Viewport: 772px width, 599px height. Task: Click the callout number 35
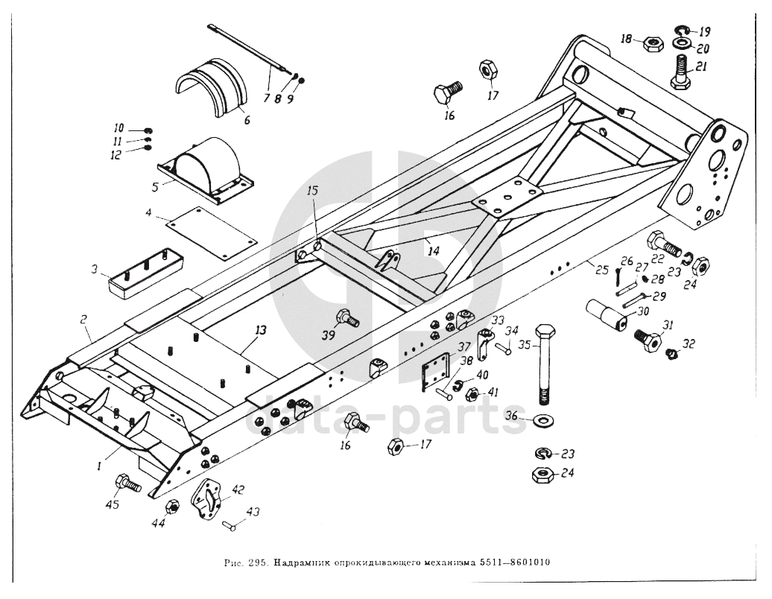(525, 345)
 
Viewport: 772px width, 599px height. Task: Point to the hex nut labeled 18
(652, 43)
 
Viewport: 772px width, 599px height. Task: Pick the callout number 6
(246, 120)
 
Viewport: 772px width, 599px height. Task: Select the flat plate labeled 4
(211, 232)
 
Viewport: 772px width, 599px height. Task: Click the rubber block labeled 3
(148, 270)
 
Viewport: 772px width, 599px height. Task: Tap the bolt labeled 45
(127, 484)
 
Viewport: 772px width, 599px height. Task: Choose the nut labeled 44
(171, 507)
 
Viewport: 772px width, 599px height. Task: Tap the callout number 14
(433, 252)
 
